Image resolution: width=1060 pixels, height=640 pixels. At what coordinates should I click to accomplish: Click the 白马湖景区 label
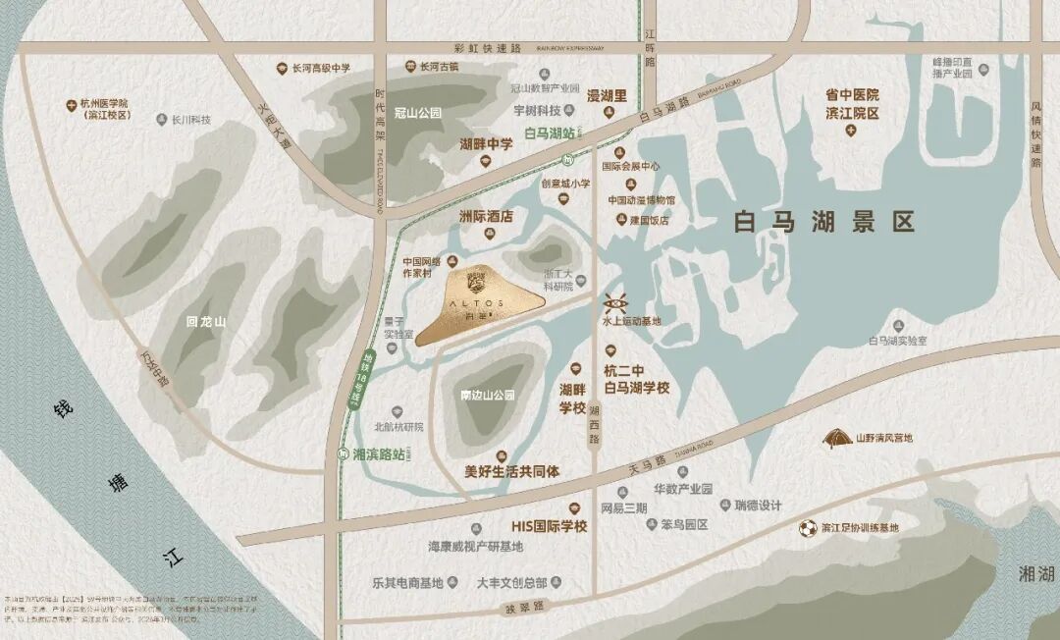click(824, 222)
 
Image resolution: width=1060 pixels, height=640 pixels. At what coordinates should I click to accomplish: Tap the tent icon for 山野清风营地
click(837, 437)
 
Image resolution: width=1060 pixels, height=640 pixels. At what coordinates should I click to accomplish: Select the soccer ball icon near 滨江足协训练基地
click(807, 528)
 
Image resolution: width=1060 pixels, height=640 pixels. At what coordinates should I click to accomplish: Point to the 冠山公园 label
click(417, 112)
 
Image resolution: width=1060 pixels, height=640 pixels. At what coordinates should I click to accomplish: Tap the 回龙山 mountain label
click(206, 321)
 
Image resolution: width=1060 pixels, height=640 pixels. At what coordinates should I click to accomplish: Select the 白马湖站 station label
click(549, 133)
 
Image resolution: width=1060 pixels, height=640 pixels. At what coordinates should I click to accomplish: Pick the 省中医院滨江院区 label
click(851, 104)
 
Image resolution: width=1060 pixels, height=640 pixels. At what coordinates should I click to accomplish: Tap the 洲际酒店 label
click(487, 217)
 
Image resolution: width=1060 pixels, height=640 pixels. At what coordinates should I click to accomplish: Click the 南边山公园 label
click(488, 396)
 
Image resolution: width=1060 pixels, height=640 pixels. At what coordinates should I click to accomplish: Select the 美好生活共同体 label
click(511, 471)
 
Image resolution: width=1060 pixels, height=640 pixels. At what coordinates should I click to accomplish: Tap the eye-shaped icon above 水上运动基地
click(615, 301)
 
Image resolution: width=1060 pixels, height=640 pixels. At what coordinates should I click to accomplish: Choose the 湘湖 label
click(1036, 574)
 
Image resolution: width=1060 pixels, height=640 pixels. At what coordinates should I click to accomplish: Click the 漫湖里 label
click(607, 96)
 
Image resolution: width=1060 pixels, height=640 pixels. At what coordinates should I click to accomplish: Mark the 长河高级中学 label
click(321, 69)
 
